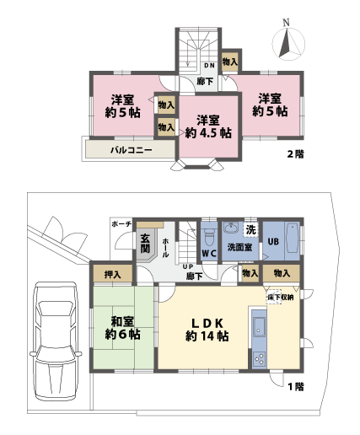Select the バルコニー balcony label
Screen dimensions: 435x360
131,150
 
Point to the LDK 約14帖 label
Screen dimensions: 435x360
205,328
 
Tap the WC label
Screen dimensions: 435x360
209,254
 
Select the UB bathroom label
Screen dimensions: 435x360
273,241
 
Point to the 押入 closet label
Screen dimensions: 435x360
111,274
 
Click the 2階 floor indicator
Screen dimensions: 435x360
295,154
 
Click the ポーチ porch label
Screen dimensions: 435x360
121,223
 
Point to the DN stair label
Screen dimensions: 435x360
210,64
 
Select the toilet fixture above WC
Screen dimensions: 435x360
208,232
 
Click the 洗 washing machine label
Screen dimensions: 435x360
250,228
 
